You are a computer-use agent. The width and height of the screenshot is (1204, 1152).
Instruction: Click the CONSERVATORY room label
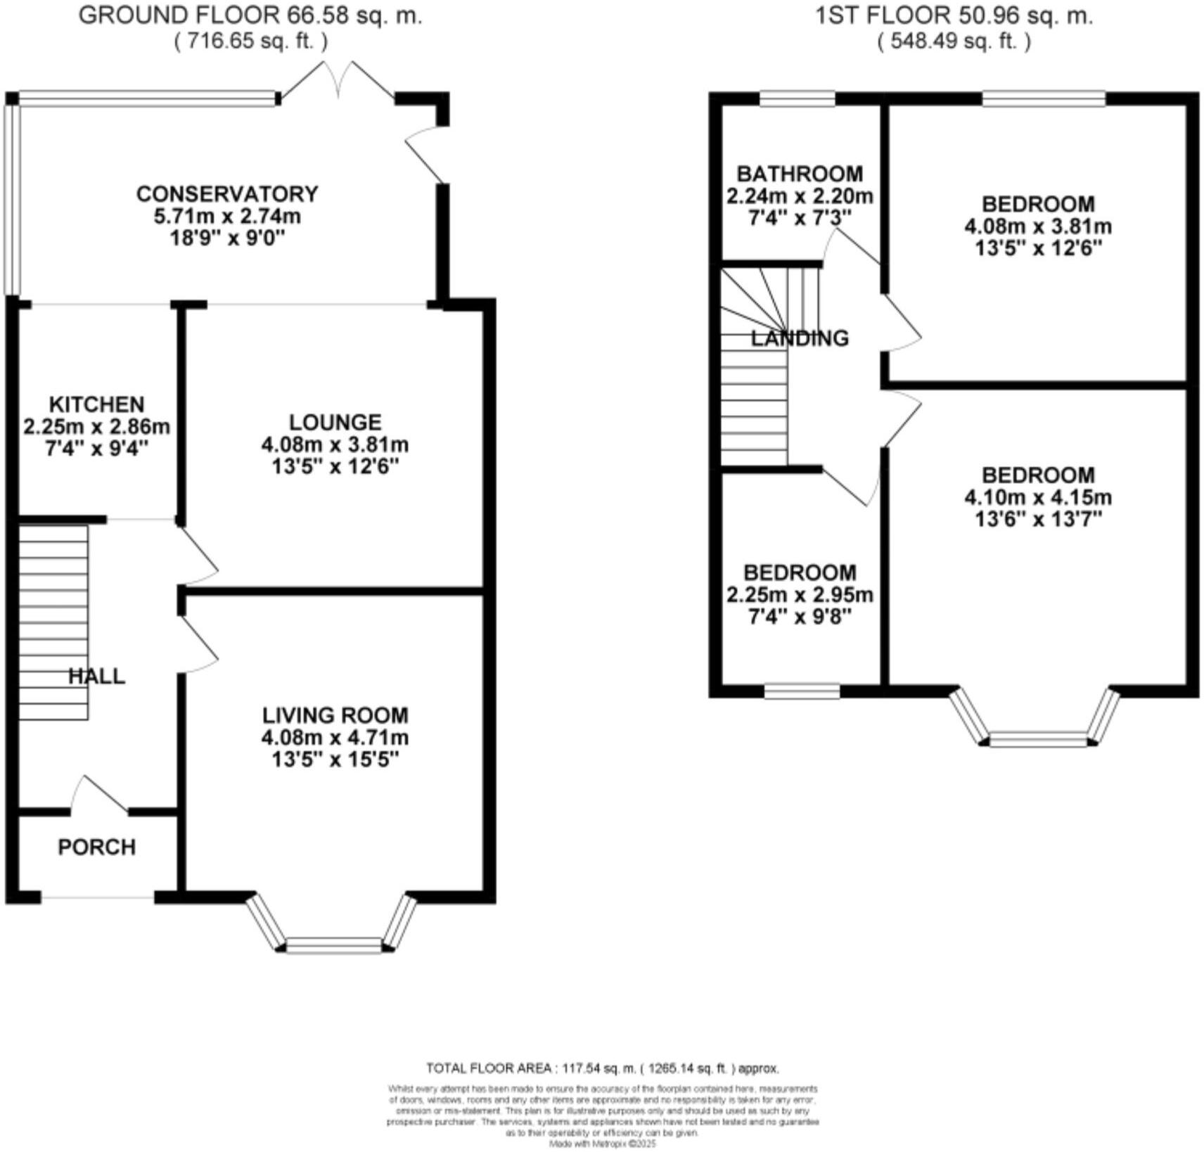click(x=227, y=193)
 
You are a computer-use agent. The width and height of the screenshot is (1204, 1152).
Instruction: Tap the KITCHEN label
click(x=96, y=404)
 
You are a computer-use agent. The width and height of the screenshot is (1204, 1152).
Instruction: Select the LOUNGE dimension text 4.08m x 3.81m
click(x=335, y=444)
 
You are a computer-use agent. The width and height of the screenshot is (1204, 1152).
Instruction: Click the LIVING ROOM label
click(x=335, y=715)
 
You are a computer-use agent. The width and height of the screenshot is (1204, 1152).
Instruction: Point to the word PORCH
click(x=96, y=847)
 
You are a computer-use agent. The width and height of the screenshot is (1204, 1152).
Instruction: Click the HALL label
click(x=96, y=676)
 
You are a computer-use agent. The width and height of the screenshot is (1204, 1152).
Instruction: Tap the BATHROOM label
click(x=800, y=174)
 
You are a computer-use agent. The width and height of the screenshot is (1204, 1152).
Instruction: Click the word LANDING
click(x=800, y=338)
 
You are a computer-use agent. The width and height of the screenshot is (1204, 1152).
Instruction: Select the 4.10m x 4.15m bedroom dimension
click(x=1038, y=497)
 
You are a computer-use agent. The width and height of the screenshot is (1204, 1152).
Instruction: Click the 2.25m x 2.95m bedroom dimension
click(x=800, y=595)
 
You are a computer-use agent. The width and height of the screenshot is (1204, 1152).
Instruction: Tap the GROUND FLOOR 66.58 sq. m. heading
click(x=250, y=15)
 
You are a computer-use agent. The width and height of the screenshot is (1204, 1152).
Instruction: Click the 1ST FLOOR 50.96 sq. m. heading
click(x=954, y=15)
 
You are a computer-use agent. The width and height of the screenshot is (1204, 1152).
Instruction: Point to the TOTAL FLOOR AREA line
click(x=602, y=1068)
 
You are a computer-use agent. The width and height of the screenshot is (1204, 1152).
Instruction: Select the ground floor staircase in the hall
click(x=53, y=622)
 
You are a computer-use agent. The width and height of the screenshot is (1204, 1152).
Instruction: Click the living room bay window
click(x=334, y=944)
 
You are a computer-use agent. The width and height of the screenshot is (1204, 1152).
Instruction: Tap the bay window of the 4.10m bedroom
click(x=1038, y=738)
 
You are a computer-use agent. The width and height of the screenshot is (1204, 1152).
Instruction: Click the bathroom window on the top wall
click(x=798, y=99)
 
